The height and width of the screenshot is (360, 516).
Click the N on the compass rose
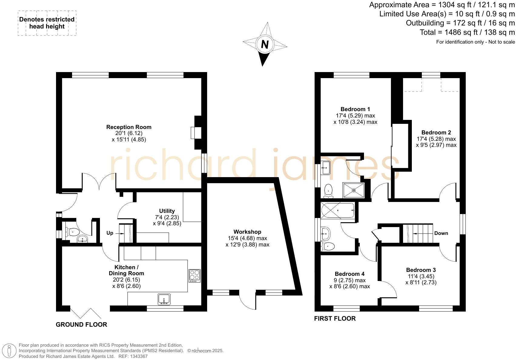click(265, 45)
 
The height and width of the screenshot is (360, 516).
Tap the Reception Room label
click(129, 127)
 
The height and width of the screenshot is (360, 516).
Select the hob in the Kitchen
click(194, 276)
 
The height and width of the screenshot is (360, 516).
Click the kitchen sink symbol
click(164, 299)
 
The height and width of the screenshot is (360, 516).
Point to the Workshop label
click(247, 232)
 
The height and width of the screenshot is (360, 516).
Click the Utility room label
click(167, 211)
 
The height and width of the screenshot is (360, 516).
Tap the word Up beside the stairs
click(110, 233)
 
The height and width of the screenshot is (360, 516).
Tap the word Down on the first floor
click(441, 233)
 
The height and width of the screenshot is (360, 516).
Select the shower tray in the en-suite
click(354, 190)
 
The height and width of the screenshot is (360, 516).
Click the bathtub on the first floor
click(337, 210)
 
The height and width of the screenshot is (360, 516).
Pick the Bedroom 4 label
click(349, 274)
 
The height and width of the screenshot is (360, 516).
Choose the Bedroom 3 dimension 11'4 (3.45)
click(421, 276)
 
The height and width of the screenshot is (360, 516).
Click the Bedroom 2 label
click(436, 133)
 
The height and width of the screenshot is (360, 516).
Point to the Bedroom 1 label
click(355, 109)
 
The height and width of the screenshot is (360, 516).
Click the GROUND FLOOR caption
click(81, 325)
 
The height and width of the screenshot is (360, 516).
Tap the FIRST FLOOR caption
click(335, 319)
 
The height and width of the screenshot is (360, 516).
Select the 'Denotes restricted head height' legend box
click(47, 23)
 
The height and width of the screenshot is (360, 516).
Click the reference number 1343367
click(139, 356)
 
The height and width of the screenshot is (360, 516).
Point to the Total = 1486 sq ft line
click(467, 32)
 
